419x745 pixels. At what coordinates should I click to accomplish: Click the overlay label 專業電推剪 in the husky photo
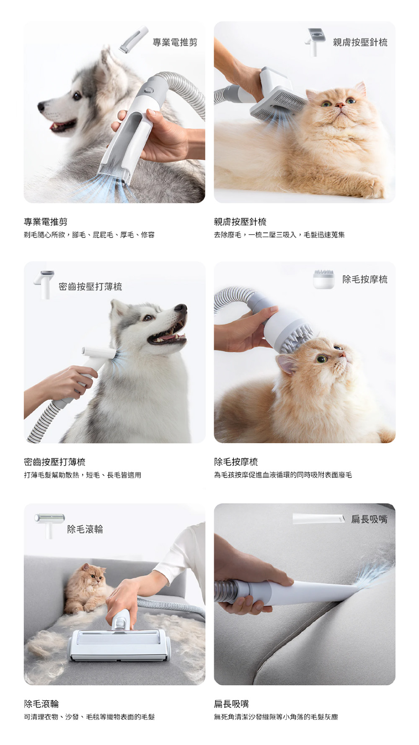coord(175,42)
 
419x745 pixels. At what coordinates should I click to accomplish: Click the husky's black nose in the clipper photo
coord(41,106)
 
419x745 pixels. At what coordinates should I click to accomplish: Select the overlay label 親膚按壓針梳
coord(360,42)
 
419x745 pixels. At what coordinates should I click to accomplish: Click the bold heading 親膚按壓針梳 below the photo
coord(240,222)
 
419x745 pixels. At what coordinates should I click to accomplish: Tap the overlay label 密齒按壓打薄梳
coord(91,287)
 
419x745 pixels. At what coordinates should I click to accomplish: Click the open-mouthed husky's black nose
coord(181,308)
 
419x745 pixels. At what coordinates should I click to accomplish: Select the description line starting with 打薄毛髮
coord(83,475)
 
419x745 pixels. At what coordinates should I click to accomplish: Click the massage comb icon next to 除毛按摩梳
coord(324,279)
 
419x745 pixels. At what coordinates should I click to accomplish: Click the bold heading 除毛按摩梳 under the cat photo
coord(236,462)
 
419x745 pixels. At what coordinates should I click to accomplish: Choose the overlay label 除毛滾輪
coord(85,529)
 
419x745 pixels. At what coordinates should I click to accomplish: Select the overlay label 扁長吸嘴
coord(369,520)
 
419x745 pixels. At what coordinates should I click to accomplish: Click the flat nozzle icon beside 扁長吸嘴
coord(318,519)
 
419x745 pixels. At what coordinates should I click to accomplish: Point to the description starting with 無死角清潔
coord(276,717)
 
